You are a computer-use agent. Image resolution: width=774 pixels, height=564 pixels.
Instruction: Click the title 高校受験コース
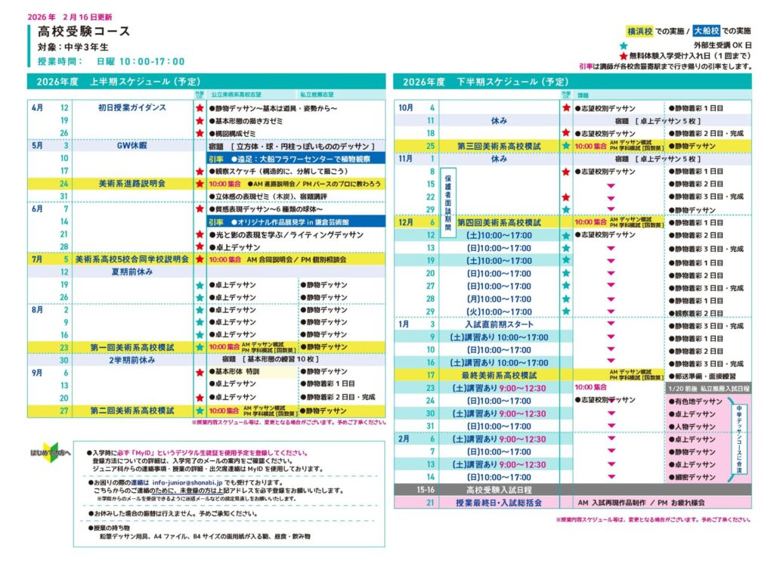[x=84, y=32]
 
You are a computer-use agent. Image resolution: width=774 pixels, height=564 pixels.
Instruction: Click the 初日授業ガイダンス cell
[x=132, y=108]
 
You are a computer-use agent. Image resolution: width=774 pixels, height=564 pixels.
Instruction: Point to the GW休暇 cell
[x=132, y=146]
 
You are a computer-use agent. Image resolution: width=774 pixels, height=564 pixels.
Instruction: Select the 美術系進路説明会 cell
[x=132, y=184]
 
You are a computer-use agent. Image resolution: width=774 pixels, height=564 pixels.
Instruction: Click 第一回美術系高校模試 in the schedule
[x=132, y=348]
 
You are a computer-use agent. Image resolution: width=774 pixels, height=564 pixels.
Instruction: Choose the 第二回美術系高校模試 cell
[x=132, y=411]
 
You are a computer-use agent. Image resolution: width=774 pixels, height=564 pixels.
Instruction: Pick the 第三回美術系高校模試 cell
[x=499, y=146]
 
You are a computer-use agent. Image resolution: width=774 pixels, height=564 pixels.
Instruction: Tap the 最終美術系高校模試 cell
[x=499, y=375]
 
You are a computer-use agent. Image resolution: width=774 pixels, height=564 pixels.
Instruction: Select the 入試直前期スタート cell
[x=499, y=324]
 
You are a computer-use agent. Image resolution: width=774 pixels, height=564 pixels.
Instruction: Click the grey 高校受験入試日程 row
[x=499, y=490]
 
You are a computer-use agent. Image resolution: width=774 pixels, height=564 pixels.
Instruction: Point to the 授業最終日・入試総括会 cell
[x=499, y=503]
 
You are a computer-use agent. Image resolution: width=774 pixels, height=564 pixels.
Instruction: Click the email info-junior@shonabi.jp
[x=186, y=481]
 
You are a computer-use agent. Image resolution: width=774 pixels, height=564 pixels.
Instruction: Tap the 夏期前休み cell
[x=132, y=272]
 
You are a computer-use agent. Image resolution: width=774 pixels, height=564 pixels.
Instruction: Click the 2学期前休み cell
[x=132, y=360]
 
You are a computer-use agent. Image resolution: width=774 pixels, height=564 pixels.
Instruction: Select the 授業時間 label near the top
[x=60, y=61]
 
